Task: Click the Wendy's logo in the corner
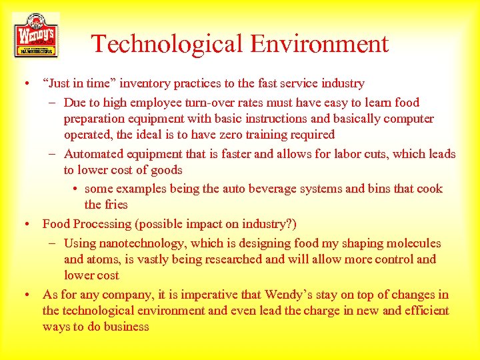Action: point(35,35)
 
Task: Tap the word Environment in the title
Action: point(319,44)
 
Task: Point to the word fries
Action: point(116,205)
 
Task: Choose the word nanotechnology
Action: point(146,243)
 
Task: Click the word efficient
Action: point(425,311)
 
